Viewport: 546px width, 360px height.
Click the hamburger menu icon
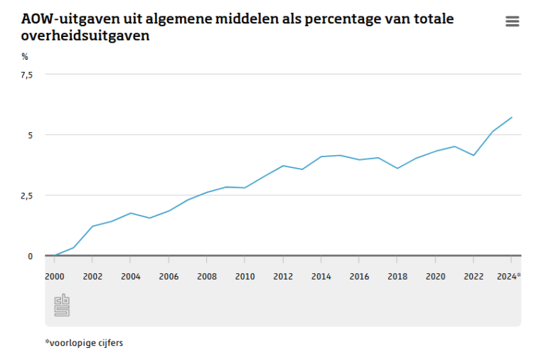[x=512, y=21]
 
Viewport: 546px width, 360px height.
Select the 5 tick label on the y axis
[x=30, y=135]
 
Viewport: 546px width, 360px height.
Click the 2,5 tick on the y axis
[x=26, y=196]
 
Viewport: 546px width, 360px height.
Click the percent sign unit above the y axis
[x=24, y=56]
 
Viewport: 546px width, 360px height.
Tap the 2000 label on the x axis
[x=54, y=277]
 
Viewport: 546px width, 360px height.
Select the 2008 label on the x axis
[x=207, y=277]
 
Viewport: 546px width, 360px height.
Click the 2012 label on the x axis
[x=283, y=277]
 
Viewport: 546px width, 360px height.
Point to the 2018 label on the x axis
[x=397, y=277]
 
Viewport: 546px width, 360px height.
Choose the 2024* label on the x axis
[x=509, y=277]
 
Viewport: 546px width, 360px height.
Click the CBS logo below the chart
[x=62, y=305]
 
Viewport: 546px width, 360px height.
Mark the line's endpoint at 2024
[x=512, y=117]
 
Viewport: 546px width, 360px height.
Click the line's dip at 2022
[x=473, y=155]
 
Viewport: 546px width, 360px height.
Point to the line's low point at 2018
[x=397, y=169]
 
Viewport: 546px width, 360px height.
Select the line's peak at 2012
[x=283, y=166]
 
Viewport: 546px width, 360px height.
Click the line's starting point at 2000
[x=55, y=255]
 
